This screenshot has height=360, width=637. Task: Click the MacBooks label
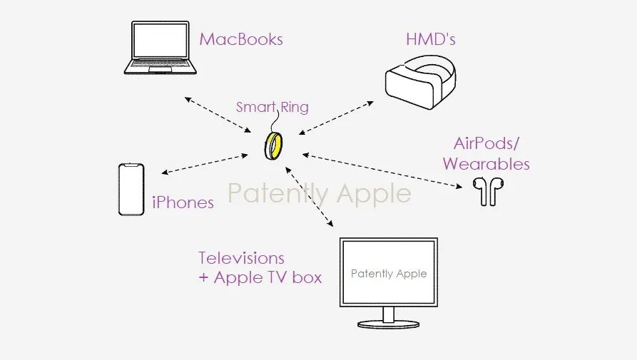point(241,39)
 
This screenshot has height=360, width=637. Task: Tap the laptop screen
point(160,40)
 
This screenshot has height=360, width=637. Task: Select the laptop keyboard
point(160,65)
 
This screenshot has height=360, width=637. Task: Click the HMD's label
point(431,39)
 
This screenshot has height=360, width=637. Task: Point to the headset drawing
point(420,83)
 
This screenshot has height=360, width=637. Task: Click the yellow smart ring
point(273,146)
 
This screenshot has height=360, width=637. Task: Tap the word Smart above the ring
point(256,107)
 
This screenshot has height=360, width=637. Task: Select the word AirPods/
point(486,143)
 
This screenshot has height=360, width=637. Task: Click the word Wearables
point(486,164)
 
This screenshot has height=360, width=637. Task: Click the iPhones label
point(183,202)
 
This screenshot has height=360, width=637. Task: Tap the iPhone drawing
point(131,189)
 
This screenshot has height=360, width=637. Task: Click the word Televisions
point(241,258)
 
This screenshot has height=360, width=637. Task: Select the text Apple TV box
point(267,277)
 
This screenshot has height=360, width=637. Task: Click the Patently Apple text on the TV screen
point(389,274)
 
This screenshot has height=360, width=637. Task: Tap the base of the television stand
point(389,324)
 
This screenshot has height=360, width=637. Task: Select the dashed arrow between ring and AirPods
point(382,170)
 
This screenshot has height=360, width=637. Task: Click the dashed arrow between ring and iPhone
point(205,164)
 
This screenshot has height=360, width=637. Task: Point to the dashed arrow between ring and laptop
point(218,115)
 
